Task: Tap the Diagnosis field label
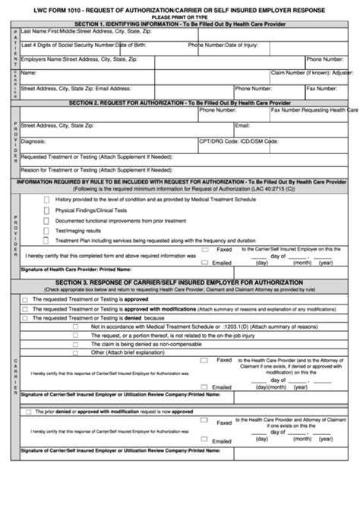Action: click(x=33, y=141)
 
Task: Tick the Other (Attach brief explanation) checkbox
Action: click(x=75, y=353)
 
